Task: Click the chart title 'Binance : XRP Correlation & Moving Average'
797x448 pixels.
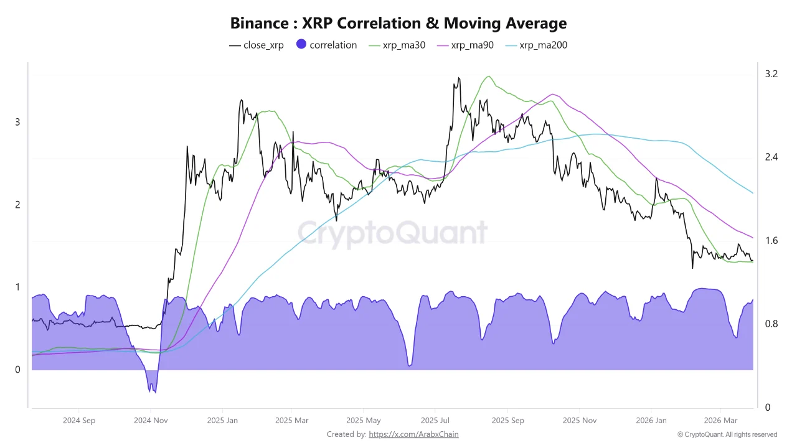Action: click(398, 24)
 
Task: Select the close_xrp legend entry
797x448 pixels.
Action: click(257, 45)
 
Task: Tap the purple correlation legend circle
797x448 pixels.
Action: click(301, 45)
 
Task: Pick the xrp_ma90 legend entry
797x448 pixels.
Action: click(466, 45)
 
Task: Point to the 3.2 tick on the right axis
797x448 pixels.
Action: click(771, 74)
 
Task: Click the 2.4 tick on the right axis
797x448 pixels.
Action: click(771, 157)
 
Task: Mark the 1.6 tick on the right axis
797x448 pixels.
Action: click(771, 241)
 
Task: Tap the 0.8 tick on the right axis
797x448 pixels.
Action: click(771, 324)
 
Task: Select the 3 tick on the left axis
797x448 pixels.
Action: click(17, 122)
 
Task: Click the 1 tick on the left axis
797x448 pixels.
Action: click(17, 287)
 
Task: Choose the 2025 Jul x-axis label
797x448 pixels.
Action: click(436, 420)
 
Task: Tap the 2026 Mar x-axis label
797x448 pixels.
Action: click(720, 420)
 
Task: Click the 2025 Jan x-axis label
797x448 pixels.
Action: click(222, 420)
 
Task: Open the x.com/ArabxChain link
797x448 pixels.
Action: click(413, 434)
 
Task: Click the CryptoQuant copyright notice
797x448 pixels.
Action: click(727, 434)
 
